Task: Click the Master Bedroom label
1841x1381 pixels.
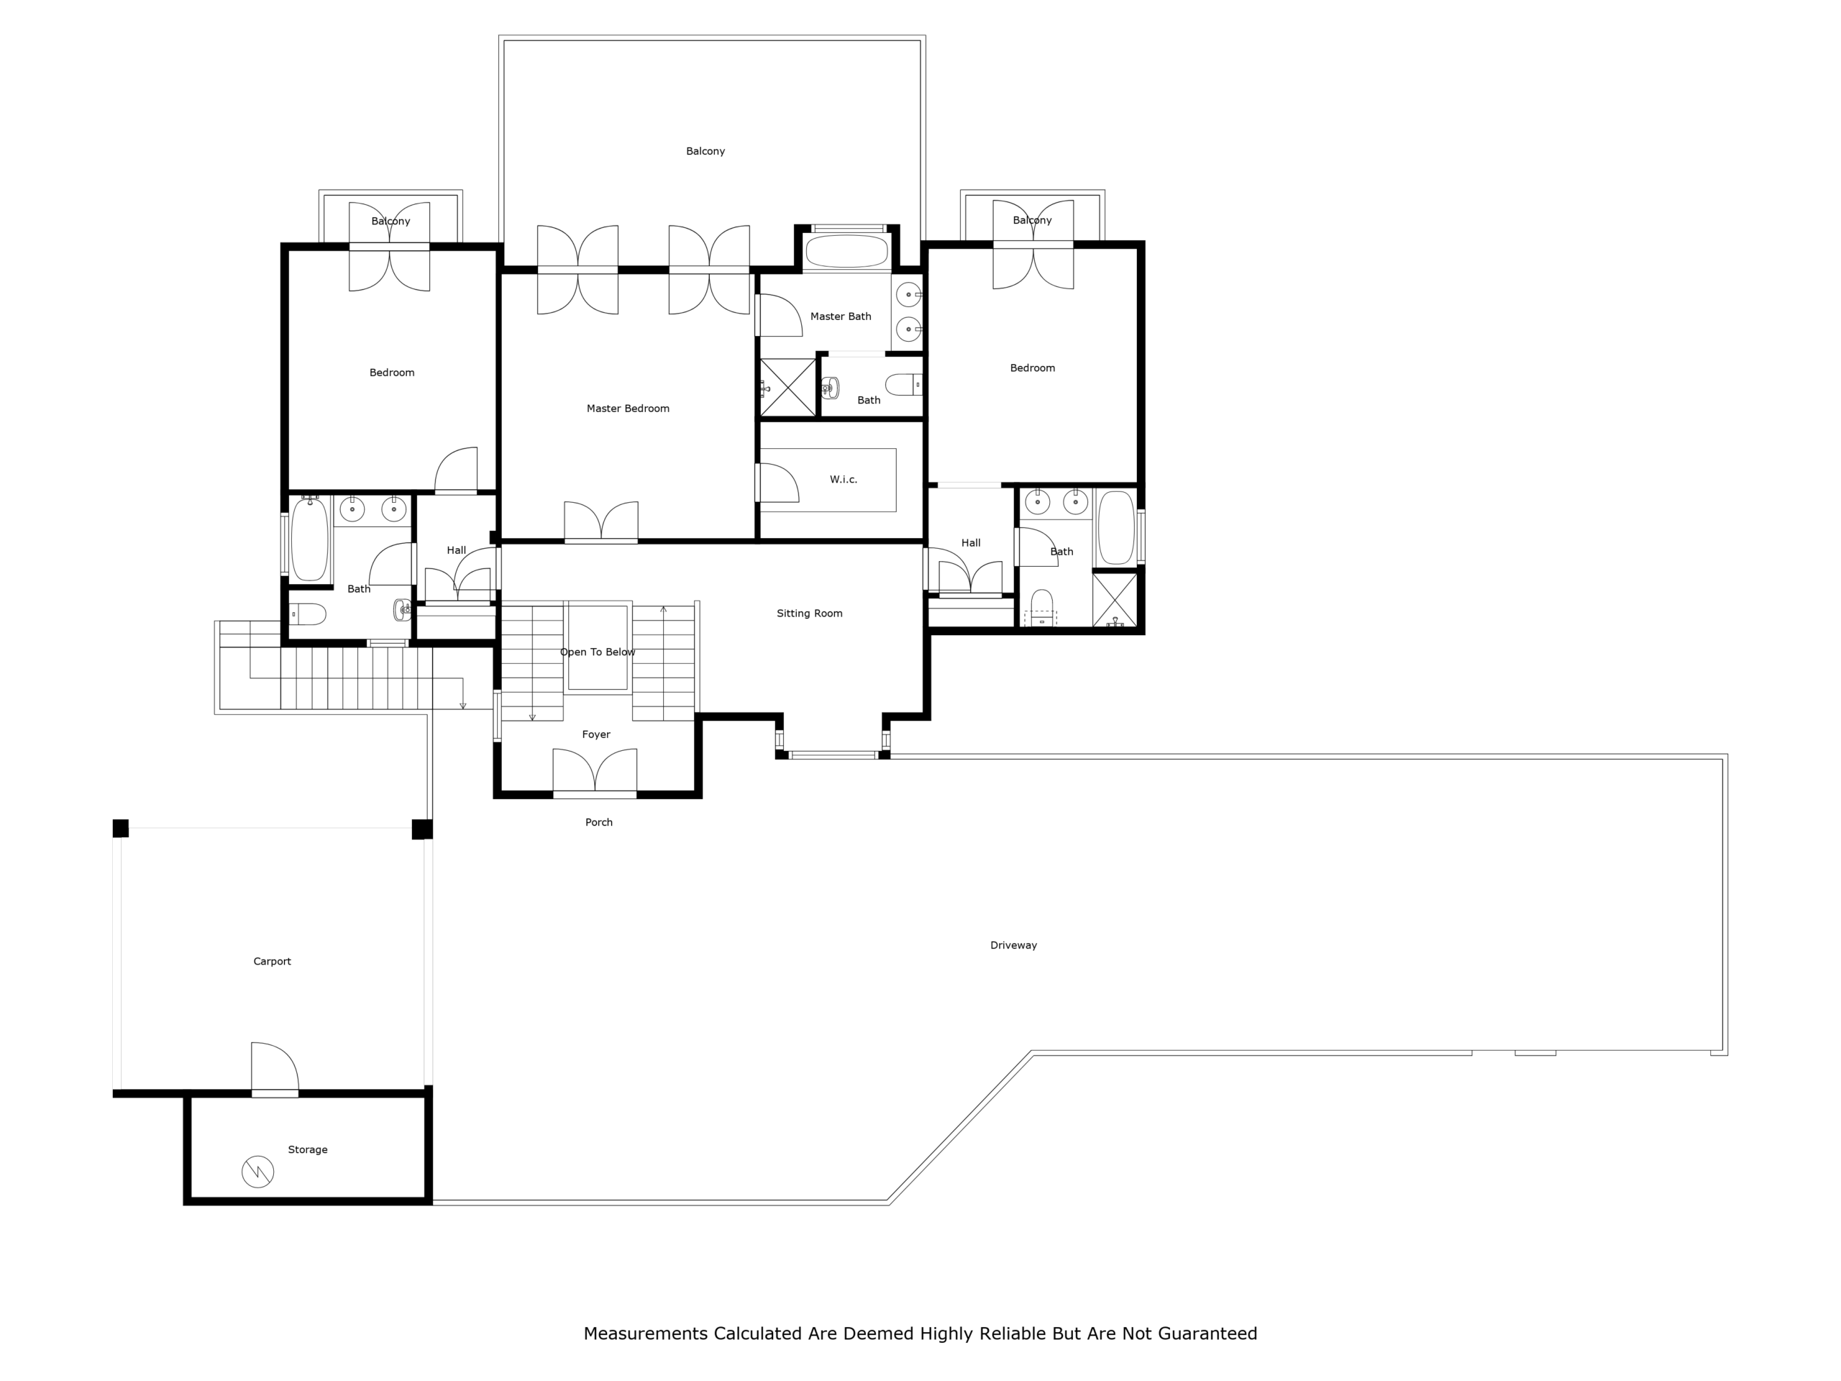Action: [x=628, y=409]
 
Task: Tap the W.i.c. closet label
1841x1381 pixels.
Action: [x=843, y=480]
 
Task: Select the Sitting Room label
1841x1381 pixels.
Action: [x=809, y=614]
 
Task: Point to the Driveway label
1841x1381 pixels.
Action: [x=1013, y=945]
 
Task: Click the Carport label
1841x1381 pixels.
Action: [x=272, y=962]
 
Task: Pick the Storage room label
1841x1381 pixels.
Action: [x=307, y=1149]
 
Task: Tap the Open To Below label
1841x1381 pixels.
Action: [x=598, y=652]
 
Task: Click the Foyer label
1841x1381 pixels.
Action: [x=596, y=734]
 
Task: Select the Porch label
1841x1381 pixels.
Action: [x=598, y=822]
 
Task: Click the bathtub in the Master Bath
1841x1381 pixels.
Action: [x=846, y=252]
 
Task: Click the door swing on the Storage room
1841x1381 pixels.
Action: [x=275, y=1068]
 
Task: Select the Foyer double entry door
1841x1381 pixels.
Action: [x=595, y=772]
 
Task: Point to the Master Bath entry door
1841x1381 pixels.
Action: [x=780, y=316]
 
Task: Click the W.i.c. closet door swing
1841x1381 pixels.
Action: [x=778, y=483]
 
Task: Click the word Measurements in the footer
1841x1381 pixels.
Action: [x=646, y=1334]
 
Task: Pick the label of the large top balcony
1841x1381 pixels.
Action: [x=705, y=152]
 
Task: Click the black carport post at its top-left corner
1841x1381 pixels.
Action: [x=121, y=829]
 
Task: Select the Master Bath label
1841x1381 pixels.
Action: [x=841, y=316]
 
